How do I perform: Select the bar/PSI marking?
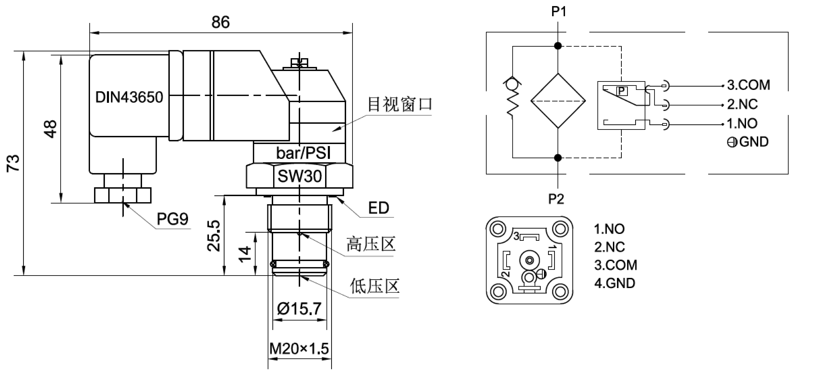pyautogui.click(x=303, y=153)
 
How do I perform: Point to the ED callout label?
pyautogui.click(x=379, y=208)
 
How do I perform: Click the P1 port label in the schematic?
pyautogui.click(x=559, y=12)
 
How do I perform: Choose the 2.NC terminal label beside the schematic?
pyautogui.click(x=742, y=104)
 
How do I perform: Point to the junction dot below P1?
pyautogui.click(x=558, y=46)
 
